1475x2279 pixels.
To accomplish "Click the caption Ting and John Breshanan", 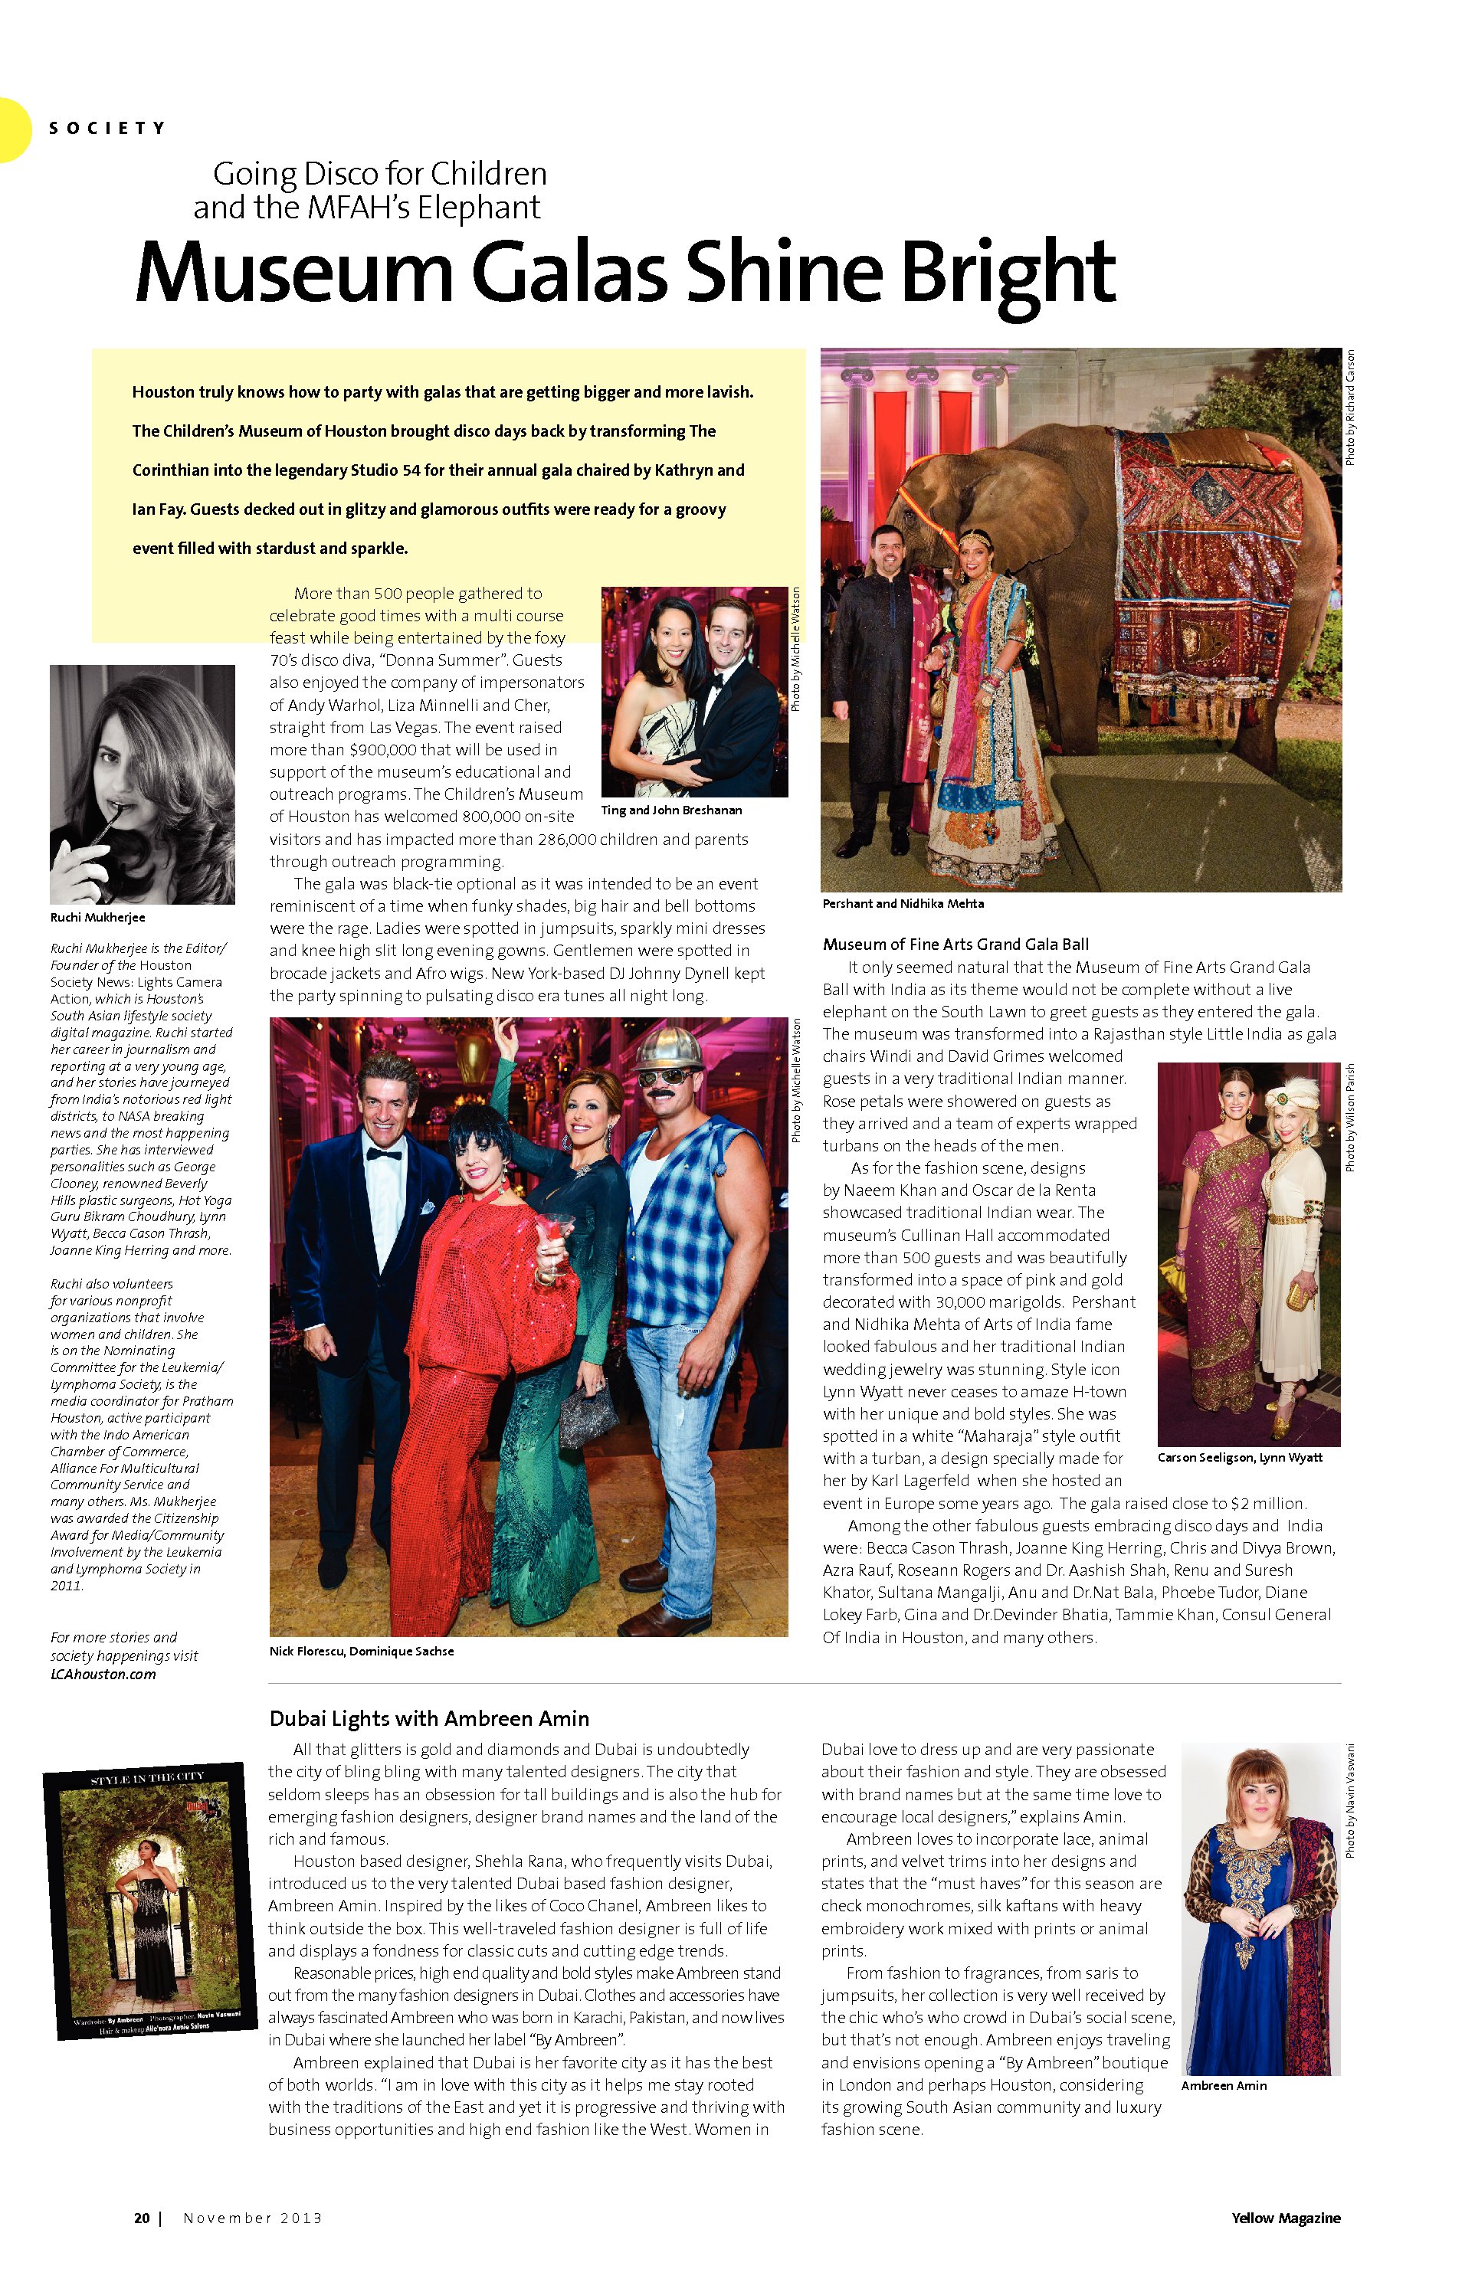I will (x=670, y=810).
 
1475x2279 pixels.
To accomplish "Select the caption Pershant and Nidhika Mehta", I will (x=903, y=903).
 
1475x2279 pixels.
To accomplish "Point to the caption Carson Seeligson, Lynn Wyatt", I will (x=1240, y=1457).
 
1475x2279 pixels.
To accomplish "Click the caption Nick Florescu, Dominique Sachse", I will (x=361, y=1651).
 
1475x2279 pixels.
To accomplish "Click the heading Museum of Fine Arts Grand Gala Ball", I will (x=955, y=944).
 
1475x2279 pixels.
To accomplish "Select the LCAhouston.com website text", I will (x=103, y=1674).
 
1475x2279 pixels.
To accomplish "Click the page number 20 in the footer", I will (x=142, y=2218).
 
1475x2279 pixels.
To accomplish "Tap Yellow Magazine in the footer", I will (x=1286, y=2218).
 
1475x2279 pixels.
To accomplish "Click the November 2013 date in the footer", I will (x=253, y=2218).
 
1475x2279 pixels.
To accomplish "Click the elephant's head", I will (x=943, y=489).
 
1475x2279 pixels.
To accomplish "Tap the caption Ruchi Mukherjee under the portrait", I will (x=98, y=918).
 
